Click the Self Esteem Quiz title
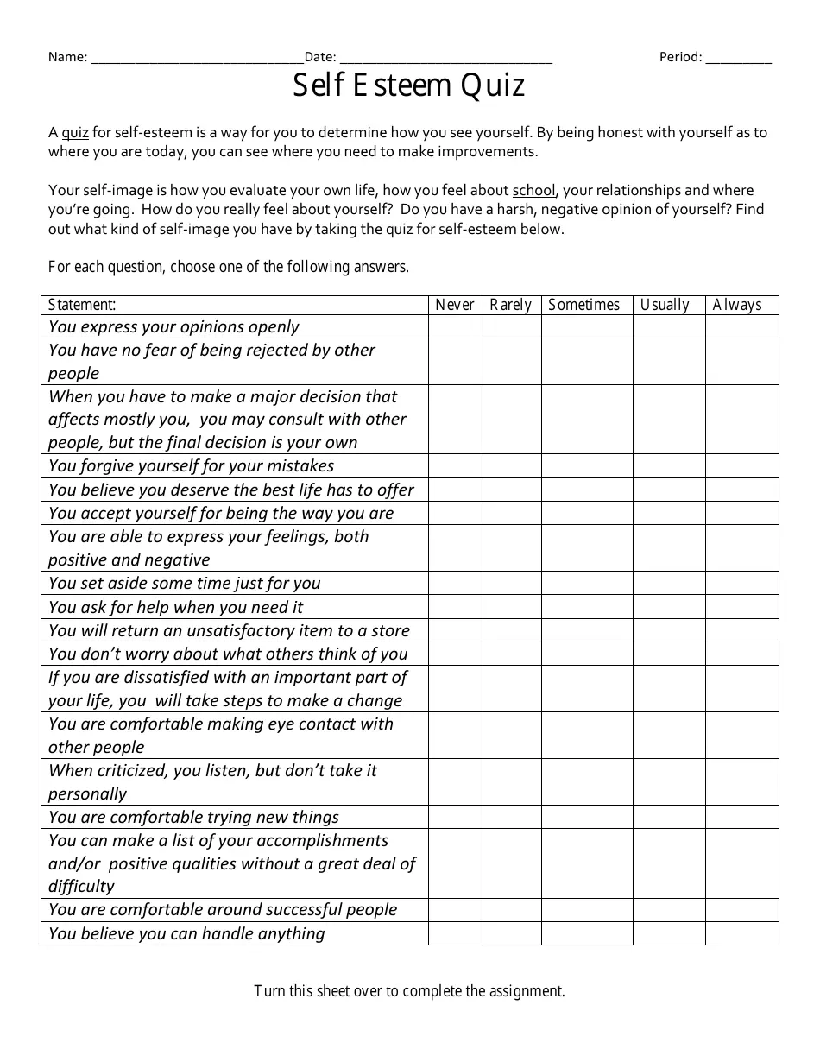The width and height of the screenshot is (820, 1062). click(x=409, y=86)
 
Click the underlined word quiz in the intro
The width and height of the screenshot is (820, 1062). click(x=75, y=133)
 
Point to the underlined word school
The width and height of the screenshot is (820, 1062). click(x=533, y=191)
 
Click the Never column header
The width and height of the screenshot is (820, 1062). click(x=455, y=305)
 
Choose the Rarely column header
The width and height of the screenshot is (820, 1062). click(x=511, y=305)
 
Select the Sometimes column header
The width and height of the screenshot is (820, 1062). click(x=584, y=305)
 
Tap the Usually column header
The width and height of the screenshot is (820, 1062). click(x=665, y=305)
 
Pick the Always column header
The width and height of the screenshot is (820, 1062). click(x=738, y=305)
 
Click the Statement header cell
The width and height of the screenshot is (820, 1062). click(x=83, y=305)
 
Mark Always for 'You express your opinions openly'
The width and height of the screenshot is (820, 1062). click(x=741, y=326)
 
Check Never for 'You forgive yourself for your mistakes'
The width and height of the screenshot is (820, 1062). click(x=455, y=466)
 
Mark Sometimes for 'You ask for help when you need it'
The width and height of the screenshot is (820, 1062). click(x=586, y=607)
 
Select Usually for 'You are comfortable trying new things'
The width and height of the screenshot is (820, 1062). click(x=668, y=817)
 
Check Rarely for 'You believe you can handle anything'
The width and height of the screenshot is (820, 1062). click(x=511, y=933)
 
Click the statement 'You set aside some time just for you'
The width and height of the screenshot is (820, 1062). click(x=185, y=584)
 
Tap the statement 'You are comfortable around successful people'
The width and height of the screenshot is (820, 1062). click(x=223, y=910)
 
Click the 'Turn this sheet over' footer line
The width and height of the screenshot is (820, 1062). click(x=409, y=991)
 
